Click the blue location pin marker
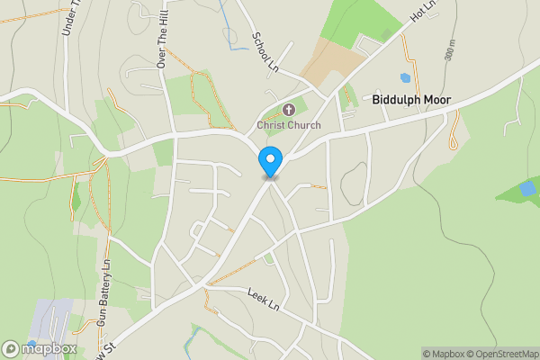(x=269, y=162)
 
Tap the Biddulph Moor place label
(x=411, y=101)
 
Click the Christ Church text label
(x=288, y=125)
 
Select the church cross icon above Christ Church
(x=287, y=110)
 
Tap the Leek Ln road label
(x=263, y=300)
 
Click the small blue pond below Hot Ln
(x=405, y=78)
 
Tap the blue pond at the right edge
(x=527, y=188)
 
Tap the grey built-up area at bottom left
(x=49, y=319)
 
